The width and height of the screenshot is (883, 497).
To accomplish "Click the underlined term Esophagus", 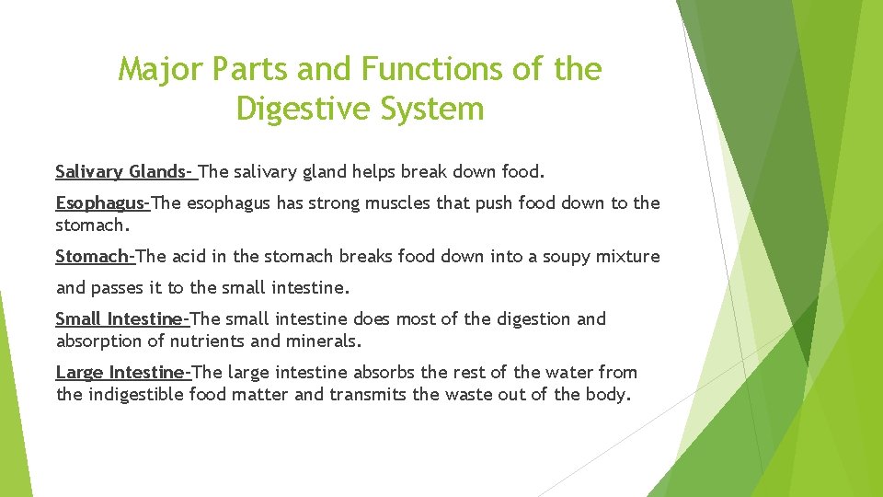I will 101,202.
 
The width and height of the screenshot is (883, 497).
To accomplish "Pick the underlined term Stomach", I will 95,256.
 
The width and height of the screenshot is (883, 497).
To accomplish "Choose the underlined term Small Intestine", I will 121,318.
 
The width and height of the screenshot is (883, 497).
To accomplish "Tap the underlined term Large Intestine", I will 122,372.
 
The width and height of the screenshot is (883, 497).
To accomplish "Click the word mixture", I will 628,256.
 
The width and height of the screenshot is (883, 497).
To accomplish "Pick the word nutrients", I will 211,341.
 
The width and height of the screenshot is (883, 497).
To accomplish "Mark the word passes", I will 119,287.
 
